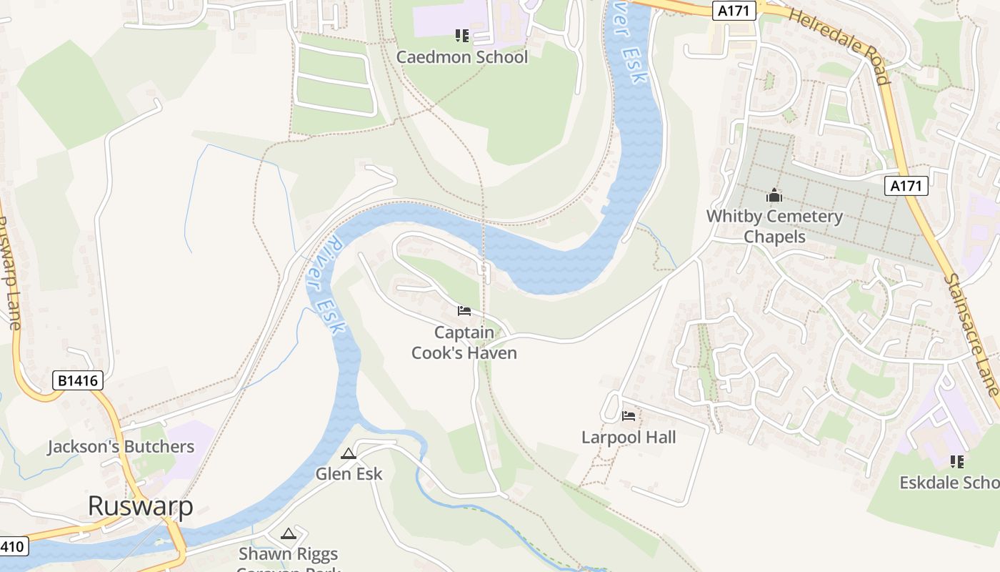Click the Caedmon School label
coord(462,57)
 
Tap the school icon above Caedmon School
coord(462,35)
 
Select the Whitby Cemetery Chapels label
coord(774,226)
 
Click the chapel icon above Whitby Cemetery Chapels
coord(774,195)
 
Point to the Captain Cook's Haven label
coord(464,342)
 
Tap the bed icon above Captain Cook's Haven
coord(464,311)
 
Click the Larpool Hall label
coord(629,437)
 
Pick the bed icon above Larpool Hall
coord(629,415)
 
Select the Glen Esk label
coord(349,473)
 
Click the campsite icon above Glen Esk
coord(349,453)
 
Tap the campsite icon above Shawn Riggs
coord(288,533)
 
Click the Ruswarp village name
coord(141,506)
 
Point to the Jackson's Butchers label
coord(121,447)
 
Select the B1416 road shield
coord(78,380)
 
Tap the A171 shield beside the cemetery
coord(906,186)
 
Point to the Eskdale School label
coord(949,483)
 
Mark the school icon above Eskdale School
coord(957,462)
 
